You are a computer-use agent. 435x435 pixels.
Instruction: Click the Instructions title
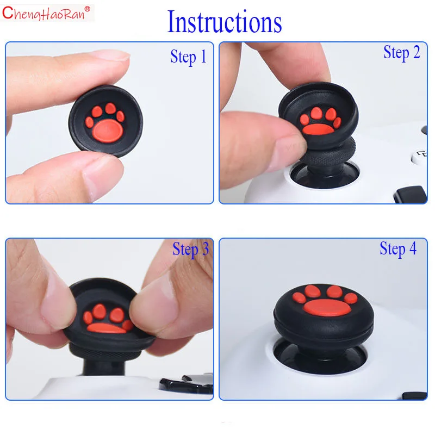tap(225, 22)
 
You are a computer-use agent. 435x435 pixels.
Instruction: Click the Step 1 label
tap(188, 57)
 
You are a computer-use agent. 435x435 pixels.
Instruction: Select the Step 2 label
tap(401, 52)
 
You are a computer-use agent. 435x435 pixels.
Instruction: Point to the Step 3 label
tap(191, 249)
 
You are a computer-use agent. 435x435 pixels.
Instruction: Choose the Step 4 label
tap(398, 248)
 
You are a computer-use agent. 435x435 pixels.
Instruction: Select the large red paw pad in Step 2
tap(318, 129)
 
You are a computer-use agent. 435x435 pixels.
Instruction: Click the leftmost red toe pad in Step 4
tap(299, 297)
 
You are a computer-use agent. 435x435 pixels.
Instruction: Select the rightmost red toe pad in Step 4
tap(351, 298)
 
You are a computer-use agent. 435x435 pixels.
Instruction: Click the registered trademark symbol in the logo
tap(87, 9)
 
